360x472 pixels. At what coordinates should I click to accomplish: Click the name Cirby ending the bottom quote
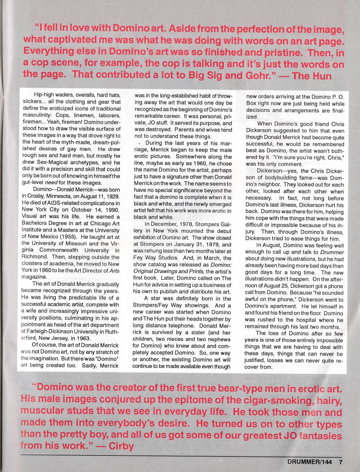pyautogui.click(x=121, y=446)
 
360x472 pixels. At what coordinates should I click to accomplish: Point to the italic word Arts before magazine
pyautogui.click(x=114, y=270)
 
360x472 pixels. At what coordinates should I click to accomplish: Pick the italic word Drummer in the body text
pyautogui.click(x=332, y=252)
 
